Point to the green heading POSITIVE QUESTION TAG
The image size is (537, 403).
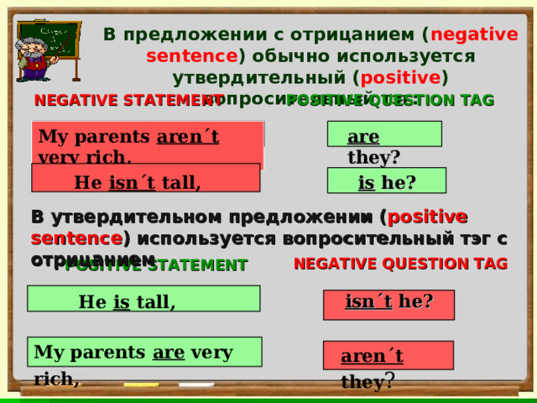[x=391, y=101]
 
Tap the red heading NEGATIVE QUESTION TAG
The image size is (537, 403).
[x=400, y=264]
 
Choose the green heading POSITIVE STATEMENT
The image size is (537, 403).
[x=156, y=266]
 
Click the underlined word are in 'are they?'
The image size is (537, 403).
[x=362, y=137]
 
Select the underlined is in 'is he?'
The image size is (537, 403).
[x=366, y=181]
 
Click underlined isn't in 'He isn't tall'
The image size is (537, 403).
[x=132, y=181]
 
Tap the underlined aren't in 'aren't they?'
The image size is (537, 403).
[x=372, y=356]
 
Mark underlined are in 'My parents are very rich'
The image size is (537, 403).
[x=169, y=351]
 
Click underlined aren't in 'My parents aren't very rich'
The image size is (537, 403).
[x=187, y=137]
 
